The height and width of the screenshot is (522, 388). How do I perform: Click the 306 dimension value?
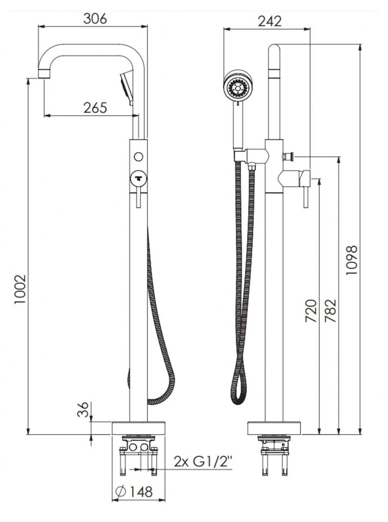point(95,19)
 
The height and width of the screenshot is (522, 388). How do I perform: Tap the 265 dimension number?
point(95,108)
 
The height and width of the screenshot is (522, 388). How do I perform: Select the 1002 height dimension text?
point(20,290)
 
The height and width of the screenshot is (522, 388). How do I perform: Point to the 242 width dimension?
point(270,21)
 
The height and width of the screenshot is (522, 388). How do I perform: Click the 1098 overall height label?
point(351,259)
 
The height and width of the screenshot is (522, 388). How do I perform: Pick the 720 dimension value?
point(310,311)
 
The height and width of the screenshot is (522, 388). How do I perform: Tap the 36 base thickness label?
point(83,409)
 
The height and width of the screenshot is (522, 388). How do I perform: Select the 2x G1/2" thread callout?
point(203,462)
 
